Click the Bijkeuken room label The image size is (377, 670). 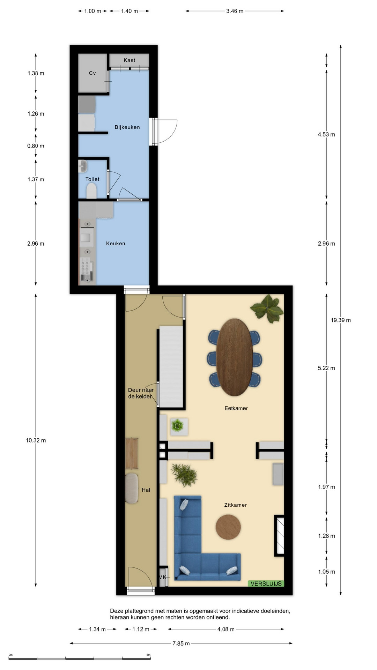127,127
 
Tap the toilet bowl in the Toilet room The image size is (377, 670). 91,191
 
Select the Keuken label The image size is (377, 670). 116,244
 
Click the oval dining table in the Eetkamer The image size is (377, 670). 235,357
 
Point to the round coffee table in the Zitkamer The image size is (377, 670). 228,527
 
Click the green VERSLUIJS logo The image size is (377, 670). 266,583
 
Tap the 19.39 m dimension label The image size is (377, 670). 341,320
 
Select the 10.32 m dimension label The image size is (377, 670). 36,440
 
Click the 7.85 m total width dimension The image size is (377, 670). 181,643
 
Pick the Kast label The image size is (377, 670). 129,60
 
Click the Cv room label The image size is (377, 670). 92,73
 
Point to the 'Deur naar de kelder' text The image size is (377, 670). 141,393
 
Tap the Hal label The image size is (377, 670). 146,490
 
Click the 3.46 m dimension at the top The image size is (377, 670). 235,11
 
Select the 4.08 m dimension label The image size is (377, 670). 226,629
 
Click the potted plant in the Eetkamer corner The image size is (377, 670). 267,307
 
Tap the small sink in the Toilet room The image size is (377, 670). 83,166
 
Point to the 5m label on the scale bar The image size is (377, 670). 148,655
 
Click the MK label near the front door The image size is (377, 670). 162,577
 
